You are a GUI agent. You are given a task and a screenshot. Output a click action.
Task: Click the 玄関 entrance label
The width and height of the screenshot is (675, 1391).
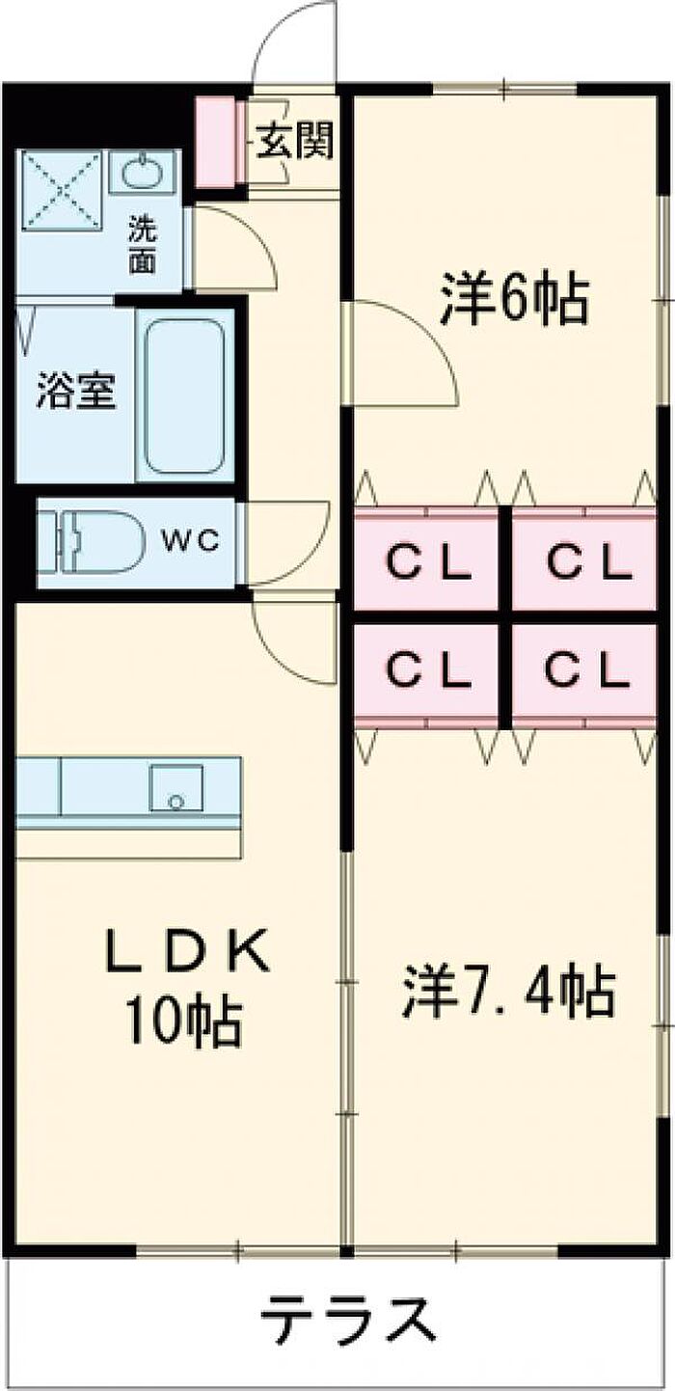(295, 142)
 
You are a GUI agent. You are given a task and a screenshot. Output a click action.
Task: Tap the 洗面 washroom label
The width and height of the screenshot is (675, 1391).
(142, 245)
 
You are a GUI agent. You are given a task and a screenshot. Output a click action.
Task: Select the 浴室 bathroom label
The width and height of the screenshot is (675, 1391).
(77, 393)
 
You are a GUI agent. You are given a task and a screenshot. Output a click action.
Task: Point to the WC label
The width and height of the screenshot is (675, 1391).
(190, 540)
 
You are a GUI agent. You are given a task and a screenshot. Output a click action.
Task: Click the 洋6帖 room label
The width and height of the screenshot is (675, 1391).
(514, 302)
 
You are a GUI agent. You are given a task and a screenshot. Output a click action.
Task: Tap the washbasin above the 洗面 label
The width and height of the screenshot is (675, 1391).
(142, 174)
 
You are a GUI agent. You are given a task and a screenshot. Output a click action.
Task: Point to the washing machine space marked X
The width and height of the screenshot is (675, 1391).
(61, 191)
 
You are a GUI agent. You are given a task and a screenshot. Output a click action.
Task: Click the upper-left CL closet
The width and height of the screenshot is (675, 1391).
(428, 560)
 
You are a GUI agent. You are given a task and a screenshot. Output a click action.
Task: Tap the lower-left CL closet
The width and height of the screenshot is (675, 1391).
(428, 670)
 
